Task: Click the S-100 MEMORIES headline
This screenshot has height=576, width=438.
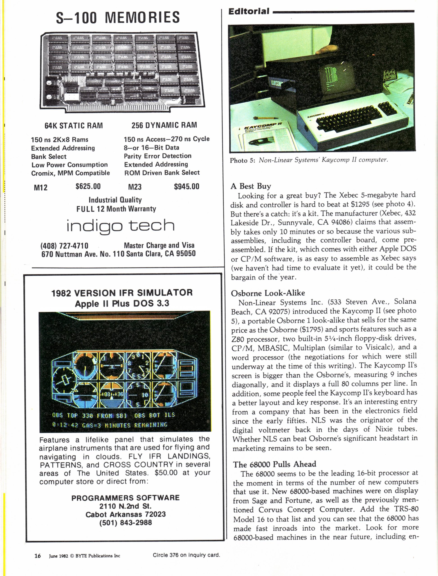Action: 118,18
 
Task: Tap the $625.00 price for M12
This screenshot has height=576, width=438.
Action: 88,187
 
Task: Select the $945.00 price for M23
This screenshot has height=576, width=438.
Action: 186,187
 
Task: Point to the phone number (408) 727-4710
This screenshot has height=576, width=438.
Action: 64,246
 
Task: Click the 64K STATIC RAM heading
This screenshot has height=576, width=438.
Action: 74,126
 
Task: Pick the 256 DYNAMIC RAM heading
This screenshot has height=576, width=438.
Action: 164,125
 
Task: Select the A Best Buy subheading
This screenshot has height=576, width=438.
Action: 251,186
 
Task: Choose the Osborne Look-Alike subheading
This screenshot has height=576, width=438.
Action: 268,293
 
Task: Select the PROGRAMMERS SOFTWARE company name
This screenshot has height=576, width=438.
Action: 125,498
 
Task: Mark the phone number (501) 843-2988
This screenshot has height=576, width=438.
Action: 125,522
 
